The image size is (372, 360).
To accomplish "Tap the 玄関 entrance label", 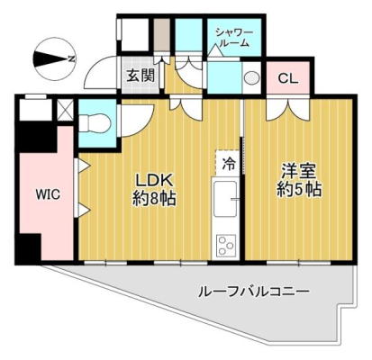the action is (141, 75).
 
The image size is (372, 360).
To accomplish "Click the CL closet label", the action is (288, 78).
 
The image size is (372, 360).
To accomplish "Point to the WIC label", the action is (48, 194).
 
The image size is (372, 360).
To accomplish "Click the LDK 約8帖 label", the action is (154, 190).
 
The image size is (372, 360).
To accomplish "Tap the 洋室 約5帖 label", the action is (299, 181).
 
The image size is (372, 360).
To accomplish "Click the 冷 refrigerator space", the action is (228, 164).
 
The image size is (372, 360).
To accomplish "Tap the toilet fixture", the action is (96, 123).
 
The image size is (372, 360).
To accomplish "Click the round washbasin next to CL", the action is (250, 78).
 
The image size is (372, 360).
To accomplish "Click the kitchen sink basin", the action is (224, 199).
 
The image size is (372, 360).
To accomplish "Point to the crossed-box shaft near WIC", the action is (65, 110).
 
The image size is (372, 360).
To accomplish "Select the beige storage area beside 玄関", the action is (162, 35).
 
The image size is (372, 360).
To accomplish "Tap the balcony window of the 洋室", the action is (298, 263).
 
